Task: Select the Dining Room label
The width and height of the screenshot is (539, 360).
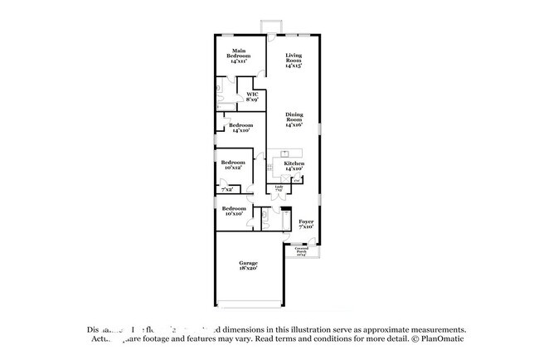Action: [294, 120]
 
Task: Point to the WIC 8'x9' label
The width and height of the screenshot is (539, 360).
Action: [252, 96]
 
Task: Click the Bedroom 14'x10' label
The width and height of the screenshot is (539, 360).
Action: [240, 128]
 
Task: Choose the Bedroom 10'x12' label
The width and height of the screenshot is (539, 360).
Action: [234, 164]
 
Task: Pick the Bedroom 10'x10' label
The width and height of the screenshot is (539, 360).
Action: [234, 211]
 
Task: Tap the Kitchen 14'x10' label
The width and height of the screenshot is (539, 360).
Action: [294, 167]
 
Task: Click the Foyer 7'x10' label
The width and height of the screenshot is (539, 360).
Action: [306, 224]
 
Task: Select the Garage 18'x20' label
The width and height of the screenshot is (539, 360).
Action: [248, 265]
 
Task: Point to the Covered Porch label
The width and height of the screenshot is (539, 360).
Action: [299, 251]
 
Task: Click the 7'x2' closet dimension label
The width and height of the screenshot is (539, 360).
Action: [226, 190]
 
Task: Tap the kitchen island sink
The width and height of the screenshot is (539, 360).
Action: [284, 153]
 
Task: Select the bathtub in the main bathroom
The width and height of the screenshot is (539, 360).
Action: [220, 86]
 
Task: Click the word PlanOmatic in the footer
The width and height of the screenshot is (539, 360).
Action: [440, 338]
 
